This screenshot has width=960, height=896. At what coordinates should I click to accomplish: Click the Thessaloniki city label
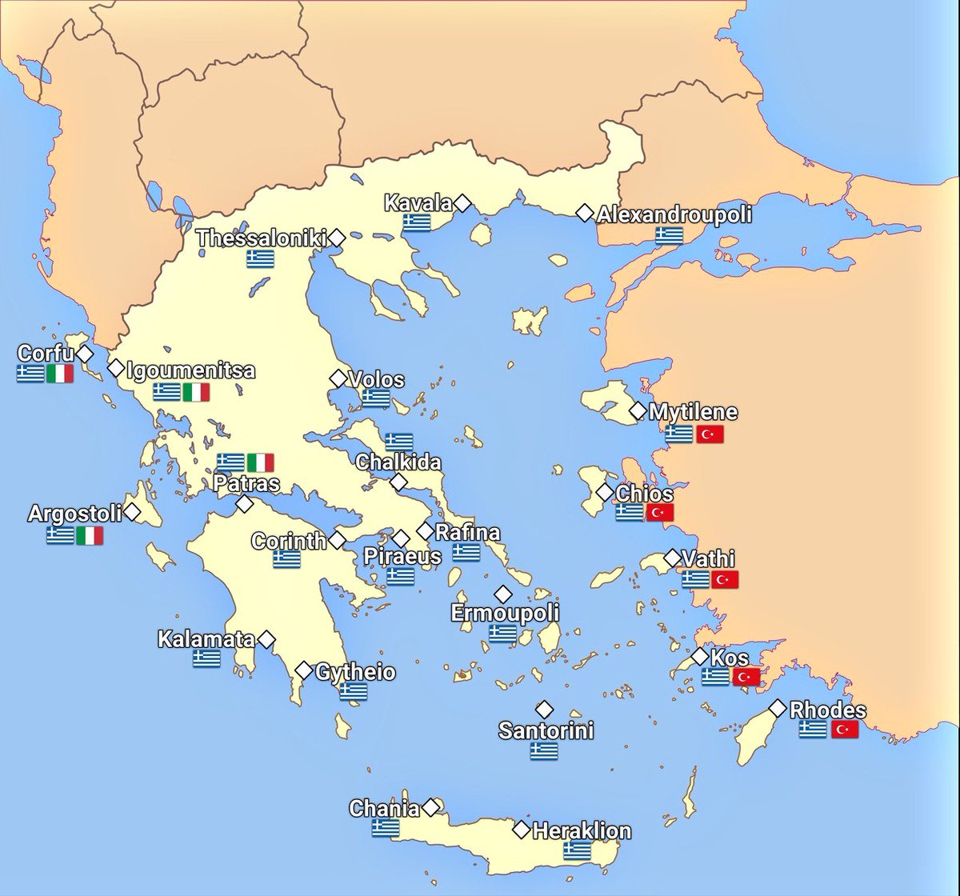click(261, 238)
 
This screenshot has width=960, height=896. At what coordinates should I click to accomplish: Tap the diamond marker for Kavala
click(462, 204)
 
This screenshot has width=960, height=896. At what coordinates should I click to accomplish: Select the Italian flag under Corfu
click(60, 374)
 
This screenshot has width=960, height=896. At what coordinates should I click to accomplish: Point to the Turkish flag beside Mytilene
click(710, 434)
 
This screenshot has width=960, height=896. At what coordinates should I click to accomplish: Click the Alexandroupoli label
click(674, 214)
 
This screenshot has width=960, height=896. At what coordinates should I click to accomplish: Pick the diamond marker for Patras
click(245, 504)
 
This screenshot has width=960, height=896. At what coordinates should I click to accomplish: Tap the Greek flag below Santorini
click(544, 750)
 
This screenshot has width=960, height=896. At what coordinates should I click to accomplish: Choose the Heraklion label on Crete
click(582, 830)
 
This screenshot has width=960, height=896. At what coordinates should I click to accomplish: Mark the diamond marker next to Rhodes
click(777, 708)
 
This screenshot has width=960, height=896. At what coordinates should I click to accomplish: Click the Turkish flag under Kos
click(746, 677)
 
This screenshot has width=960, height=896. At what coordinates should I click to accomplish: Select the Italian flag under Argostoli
click(90, 535)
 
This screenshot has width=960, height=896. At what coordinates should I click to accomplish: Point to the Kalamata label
click(206, 639)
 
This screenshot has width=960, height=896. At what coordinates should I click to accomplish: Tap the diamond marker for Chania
click(432, 806)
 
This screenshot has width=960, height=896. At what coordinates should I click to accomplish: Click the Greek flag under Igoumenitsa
click(167, 392)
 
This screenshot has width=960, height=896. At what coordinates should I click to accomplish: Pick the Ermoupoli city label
click(505, 614)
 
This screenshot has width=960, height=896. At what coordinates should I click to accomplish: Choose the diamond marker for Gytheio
click(304, 670)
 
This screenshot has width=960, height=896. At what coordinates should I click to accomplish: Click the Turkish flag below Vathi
click(725, 579)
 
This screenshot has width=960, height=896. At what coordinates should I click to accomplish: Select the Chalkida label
click(398, 462)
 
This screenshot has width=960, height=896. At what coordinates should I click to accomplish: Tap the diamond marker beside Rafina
click(425, 531)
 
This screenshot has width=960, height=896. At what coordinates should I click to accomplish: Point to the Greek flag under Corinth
click(286, 559)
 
